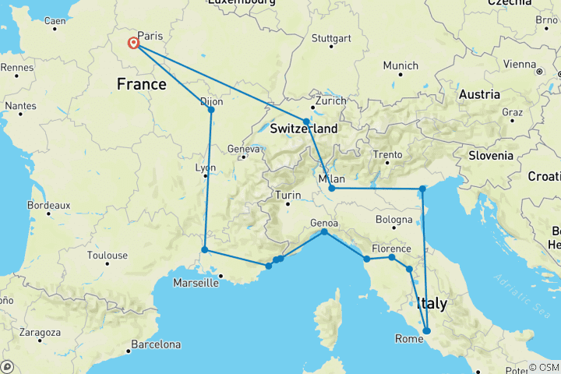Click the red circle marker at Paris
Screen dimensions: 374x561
134,44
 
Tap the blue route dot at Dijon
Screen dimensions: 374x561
211,110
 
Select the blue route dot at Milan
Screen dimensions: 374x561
332,189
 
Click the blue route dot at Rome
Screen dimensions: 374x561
426,331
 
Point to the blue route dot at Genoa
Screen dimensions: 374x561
324,232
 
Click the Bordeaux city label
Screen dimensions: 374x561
48,205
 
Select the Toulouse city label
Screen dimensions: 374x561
108,255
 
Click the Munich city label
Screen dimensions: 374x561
400,65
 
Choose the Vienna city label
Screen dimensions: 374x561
520,63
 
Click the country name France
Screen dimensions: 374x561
141,83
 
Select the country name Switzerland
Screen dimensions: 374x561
304,129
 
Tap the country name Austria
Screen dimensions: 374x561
478,94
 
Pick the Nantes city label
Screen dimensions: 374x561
20,106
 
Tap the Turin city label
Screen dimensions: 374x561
288,195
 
